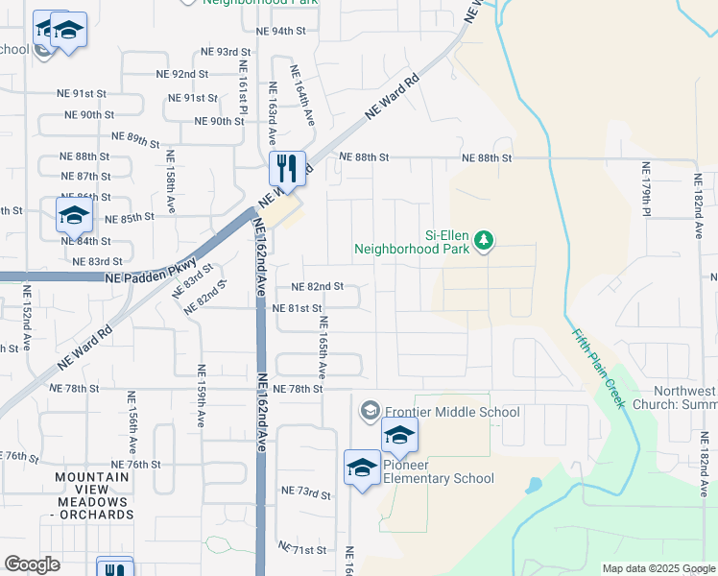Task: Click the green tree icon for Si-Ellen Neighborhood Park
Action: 485,239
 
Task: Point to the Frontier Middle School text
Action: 452,413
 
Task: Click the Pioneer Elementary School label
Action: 439,471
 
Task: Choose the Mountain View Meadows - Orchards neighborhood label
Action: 92,495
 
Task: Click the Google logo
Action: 33,564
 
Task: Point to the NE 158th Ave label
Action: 171,180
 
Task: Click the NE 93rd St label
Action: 226,52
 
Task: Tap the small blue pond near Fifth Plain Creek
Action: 535,485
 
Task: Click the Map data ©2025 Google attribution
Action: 658,568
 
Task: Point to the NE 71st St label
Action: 303,549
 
